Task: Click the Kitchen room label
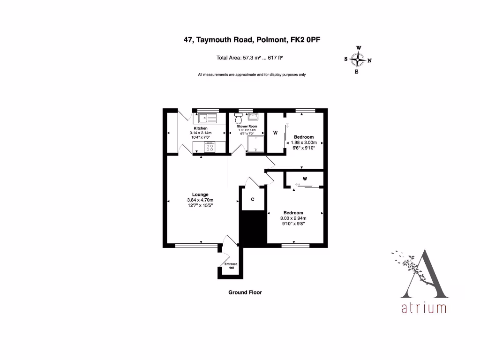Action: (201, 128)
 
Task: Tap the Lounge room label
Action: (200, 195)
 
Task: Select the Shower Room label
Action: (247, 126)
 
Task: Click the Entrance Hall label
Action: (231, 266)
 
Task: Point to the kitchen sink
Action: (207, 117)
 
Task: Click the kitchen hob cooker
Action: (209, 147)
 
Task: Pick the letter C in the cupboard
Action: (253, 200)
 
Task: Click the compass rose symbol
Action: (358, 60)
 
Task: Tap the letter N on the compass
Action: (369, 60)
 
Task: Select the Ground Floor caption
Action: (245, 292)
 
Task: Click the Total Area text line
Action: (249, 58)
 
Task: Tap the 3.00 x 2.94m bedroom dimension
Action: (293, 218)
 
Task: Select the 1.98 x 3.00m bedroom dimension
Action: (304, 142)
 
